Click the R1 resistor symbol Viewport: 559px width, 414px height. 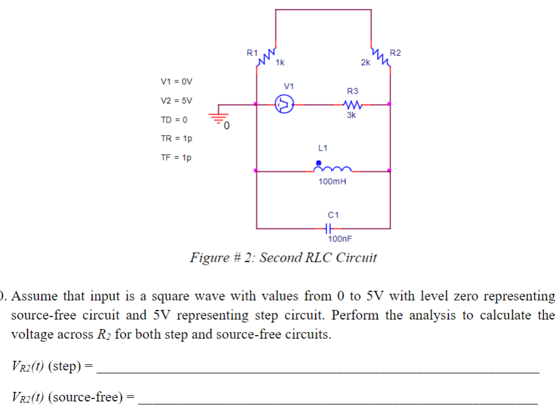tap(265, 56)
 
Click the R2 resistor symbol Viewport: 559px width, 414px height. tap(380, 57)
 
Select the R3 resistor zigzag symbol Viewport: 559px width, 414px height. tap(352, 105)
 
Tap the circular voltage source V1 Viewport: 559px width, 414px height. tap(285, 105)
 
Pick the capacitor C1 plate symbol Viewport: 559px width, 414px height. tap(327, 228)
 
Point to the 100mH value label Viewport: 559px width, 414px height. tap(333, 181)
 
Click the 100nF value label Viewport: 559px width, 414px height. tap(340, 239)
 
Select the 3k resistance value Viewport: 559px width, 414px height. tap(351, 115)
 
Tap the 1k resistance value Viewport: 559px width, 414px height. tap(280, 62)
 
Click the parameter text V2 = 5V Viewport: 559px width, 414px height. tap(177, 100)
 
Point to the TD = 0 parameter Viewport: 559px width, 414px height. tap(174, 119)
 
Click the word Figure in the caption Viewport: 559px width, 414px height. tap(210, 258)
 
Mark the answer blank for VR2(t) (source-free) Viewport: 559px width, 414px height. tap(337, 397)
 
